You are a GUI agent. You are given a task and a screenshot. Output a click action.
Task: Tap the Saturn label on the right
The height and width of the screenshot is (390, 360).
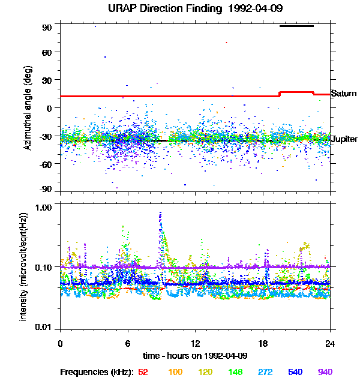tap(344, 94)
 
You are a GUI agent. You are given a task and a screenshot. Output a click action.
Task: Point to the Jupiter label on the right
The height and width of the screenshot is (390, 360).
tap(344, 139)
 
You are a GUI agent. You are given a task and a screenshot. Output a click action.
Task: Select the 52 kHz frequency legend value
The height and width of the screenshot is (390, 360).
tap(143, 372)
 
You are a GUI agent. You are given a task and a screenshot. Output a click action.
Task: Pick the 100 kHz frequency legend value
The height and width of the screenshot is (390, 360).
tap(175, 372)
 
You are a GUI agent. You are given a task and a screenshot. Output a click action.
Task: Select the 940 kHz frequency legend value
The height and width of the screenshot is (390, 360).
tap(325, 372)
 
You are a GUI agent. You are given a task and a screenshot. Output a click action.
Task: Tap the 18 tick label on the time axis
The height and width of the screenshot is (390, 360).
tap(263, 343)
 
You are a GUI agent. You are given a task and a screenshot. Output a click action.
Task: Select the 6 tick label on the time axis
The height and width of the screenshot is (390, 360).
tap(128, 343)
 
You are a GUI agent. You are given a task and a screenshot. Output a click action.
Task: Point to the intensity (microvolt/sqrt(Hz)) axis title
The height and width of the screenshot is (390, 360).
tap(24, 266)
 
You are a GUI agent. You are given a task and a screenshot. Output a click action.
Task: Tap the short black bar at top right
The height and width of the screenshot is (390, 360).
tap(296, 26)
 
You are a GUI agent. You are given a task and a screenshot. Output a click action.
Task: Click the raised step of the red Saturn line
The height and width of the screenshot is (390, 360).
tap(296, 92)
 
